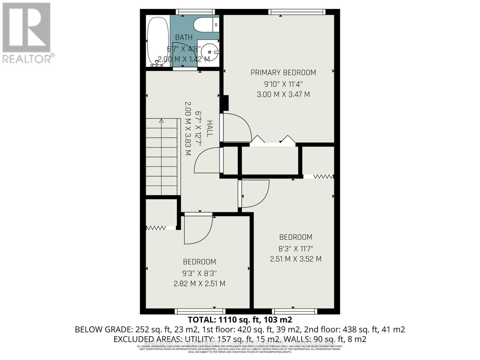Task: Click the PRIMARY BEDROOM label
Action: click(x=283, y=73)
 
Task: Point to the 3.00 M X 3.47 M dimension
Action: click(x=283, y=94)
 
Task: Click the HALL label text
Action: click(x=209, y=128)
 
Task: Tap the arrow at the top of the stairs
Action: click(x=161, y=121)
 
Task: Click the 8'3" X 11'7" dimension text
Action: click(x=295, y=248)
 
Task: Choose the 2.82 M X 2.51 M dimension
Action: click(x=199, y=283)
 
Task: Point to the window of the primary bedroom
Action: click(x=297, y=12)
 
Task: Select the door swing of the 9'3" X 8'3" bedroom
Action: click(x=198, y=229)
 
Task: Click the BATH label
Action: click(x=184, y=37)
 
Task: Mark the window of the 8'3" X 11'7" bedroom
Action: click(x=294, y=311)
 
